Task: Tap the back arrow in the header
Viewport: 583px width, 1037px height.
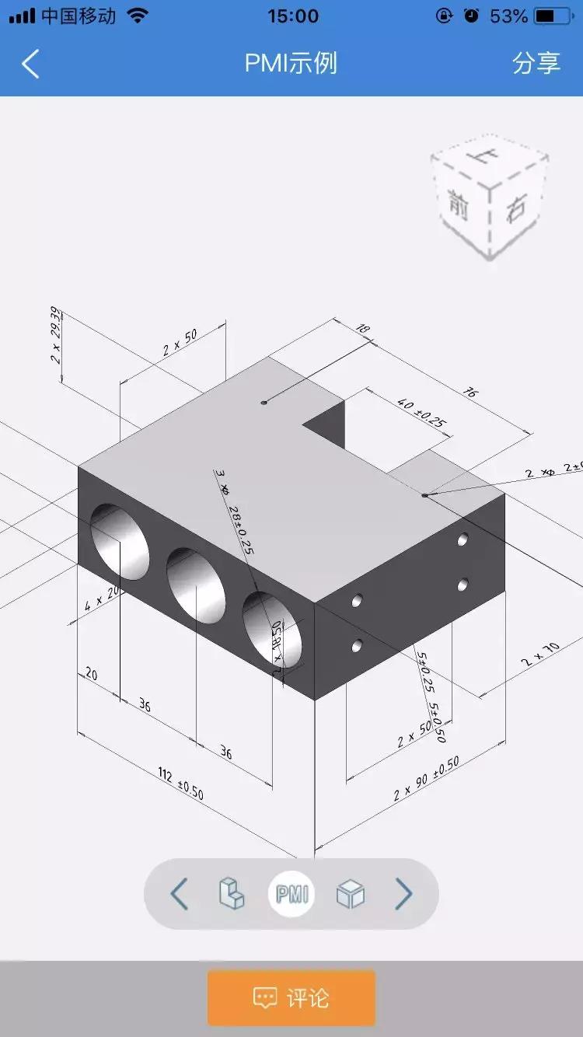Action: point(30,64)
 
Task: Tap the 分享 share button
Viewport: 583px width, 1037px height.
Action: point(536,63)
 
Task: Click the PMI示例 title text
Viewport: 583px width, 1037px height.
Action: point(291,63)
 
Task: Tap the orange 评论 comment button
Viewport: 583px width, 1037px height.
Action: point(291,997)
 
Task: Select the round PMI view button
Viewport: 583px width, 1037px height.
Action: point(291,894)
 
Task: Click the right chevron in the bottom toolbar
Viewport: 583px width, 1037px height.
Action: point(403,894)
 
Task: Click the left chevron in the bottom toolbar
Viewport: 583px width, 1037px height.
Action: point(180,894)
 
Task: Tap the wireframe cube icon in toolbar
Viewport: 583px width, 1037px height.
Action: point(350,894)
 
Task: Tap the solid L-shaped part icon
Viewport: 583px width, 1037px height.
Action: point(232,893)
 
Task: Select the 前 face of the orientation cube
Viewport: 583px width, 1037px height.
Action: point(459,204)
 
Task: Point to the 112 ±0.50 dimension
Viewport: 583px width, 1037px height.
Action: point(180,784)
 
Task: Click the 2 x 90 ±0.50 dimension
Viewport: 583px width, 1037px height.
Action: point(426,778)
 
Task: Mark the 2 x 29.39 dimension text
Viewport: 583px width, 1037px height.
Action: point(55,335)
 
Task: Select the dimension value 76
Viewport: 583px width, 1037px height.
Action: point(470,392)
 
